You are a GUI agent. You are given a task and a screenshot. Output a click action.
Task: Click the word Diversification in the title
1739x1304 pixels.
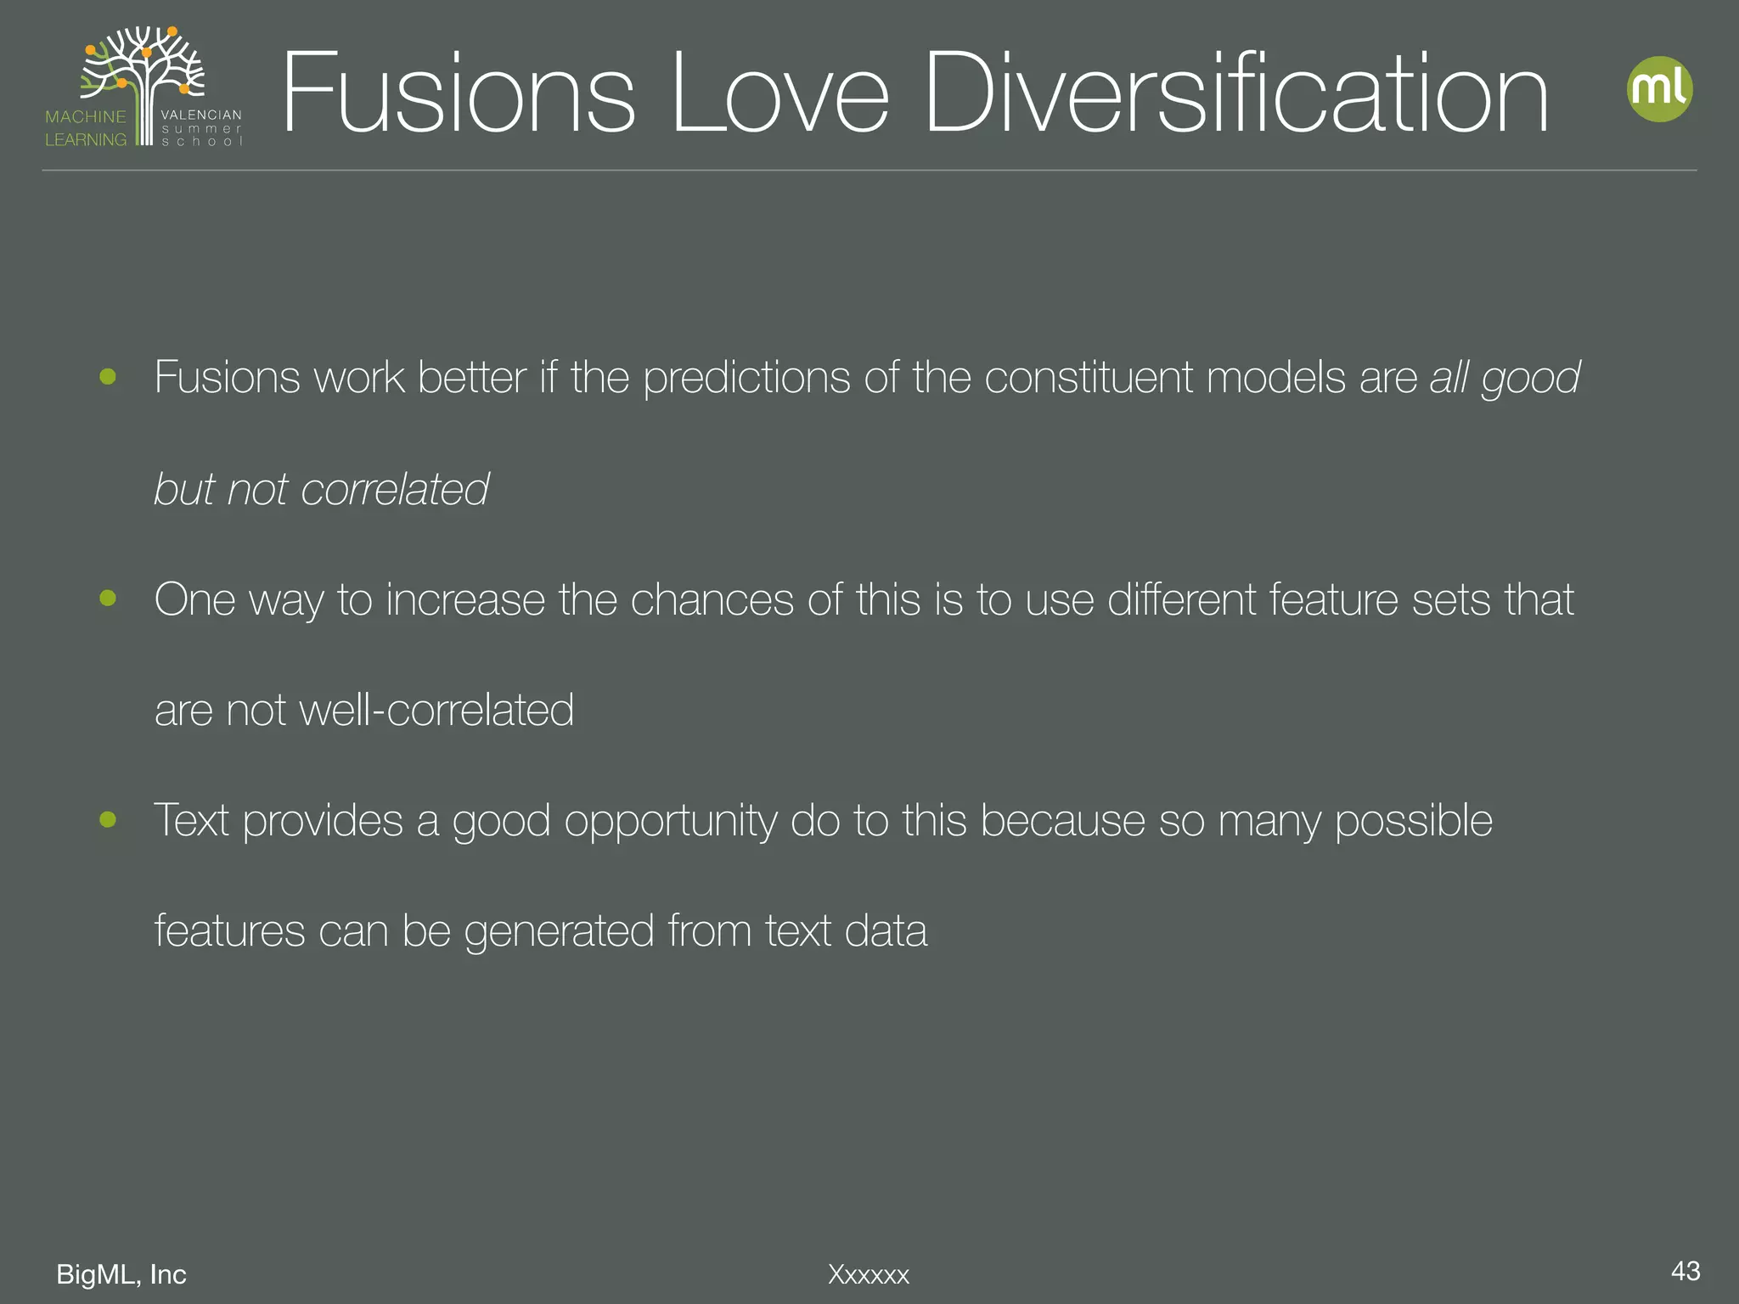[x=1236, y=93]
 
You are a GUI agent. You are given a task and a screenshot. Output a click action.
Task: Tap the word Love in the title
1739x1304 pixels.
[x=779, y=93]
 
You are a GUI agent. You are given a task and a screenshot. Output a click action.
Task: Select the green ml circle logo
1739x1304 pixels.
[x=1659, y=89]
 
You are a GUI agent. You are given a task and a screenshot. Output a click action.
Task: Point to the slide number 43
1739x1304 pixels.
[x=1685, y=1271]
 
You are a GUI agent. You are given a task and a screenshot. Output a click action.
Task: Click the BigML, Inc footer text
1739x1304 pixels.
[x=121, y=1274]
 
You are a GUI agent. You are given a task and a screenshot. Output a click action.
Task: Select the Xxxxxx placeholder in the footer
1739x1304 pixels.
[x=869, y=1274]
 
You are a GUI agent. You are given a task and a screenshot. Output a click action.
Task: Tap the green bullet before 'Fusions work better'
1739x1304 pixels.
[x=108, y=376]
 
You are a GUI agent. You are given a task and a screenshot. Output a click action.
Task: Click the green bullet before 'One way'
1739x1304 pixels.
[x=108, y=599]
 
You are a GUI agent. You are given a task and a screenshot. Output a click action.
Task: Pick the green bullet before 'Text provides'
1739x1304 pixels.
[x=108, y=819]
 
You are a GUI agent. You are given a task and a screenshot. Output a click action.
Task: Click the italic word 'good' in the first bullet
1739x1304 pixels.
[x=1530, y=379]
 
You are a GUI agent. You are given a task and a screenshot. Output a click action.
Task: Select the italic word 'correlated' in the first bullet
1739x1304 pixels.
[x=395, y=489]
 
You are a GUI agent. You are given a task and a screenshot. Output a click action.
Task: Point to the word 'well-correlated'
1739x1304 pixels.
[x=436, y=710]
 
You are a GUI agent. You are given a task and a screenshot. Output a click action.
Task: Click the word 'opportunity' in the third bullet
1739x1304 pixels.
[x=670, y=822]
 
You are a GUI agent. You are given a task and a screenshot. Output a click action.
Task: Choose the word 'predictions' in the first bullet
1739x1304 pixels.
[x=746, y=379]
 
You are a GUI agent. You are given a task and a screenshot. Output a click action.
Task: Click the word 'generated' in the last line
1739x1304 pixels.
[x=559, y=932]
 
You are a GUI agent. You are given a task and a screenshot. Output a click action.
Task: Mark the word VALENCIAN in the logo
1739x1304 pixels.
[x=201, y=115]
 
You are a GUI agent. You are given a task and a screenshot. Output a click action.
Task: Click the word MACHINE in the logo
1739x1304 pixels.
[x=86, y=116]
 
